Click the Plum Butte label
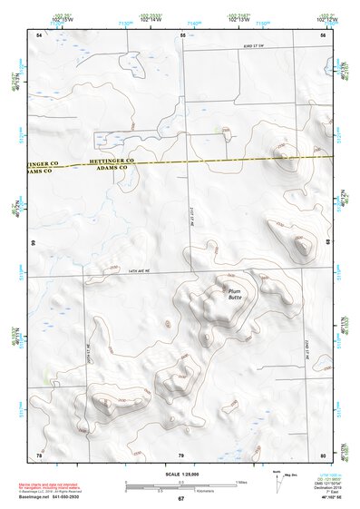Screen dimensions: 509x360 pyautogui.click(x=234, y=293)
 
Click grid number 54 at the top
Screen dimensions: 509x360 pyautogui.click(x=39, y=34)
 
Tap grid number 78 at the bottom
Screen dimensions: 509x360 pyautogui.click(x=39, y=454)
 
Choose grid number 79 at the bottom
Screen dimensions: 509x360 pyautogui.click(x=180, y=454)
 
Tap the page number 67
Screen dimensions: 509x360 pyautogui.click(x=180, y=499)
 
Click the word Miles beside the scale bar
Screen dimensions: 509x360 pyautogui.click(x=241, y=481)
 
